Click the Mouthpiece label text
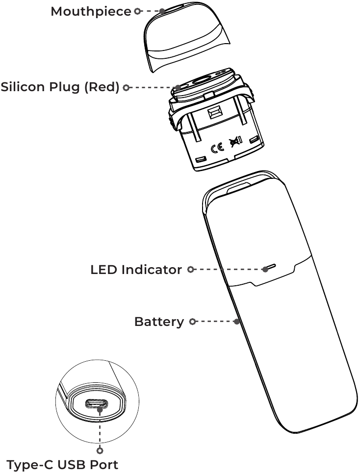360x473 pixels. [x=91, y=11]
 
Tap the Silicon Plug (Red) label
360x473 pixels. [x=60, y=88]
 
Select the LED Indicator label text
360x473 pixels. [x=136, y=270]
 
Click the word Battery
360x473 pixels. [x=159, y=322]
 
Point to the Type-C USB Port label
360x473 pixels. [x=62, y=464]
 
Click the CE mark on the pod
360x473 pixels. [x=217, y=148]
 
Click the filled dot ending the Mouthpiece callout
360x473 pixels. [x=162, y=11]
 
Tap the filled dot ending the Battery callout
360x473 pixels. [x=237, y=322]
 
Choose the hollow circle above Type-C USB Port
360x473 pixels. [x=100, y=450]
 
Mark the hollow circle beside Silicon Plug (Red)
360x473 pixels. [x=127, y=88]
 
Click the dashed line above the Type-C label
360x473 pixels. [x=100, y=429]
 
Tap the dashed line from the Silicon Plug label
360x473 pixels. [x=152, y=88]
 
